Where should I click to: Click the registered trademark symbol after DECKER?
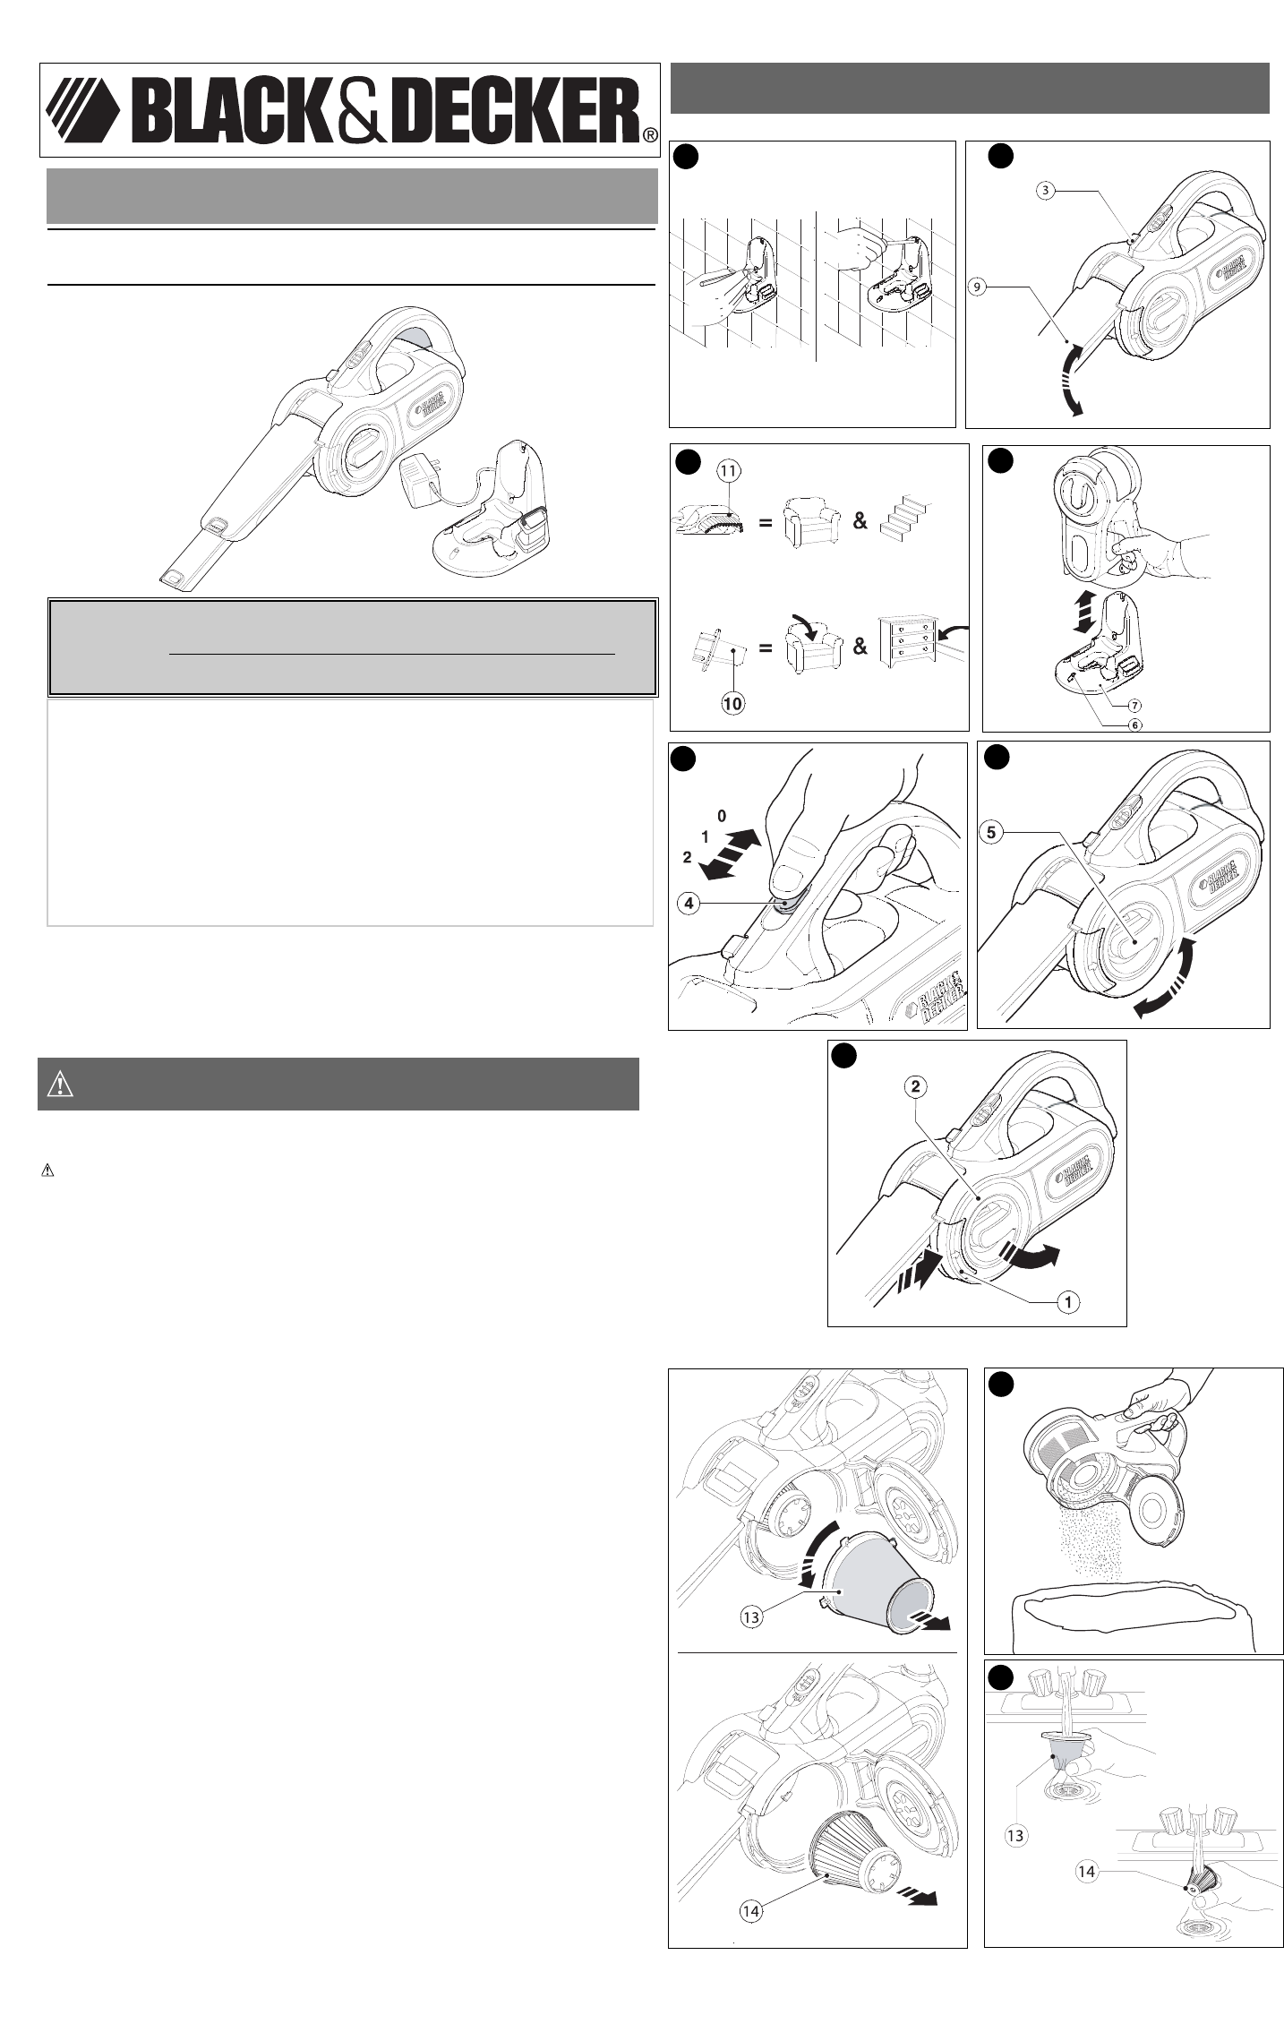pyautogui.click(x=651, y=135)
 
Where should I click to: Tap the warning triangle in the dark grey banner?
pyautogui.click(x=59, y=1085)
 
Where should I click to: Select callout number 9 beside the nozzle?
pyautogui.click(x=979, y=287)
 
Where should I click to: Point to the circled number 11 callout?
pyautogui.click(x=726, y=467)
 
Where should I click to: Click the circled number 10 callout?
pyautogui.click(x=732, y=704)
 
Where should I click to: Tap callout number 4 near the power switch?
pyautogui.click(x=689, y=904)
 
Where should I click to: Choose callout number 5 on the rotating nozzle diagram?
pyautogui.click(x=991, y=832)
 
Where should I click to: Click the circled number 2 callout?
pyautogui.click(x=915, y=1086)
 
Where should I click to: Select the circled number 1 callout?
pyautogui.click(x=1067, y=1302)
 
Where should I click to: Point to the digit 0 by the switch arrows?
pyautogui.click(x=723, y=816)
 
